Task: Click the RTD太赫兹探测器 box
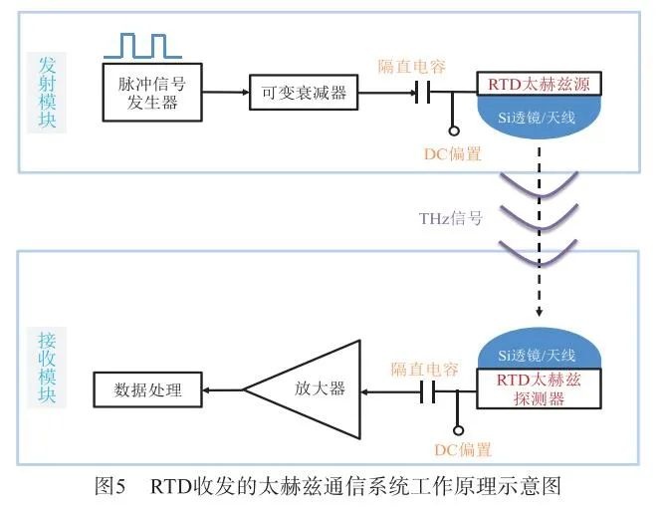click(x=538, y=388)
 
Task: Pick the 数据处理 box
click(x=148, y=389)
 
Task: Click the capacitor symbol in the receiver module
click(x=428, y=391)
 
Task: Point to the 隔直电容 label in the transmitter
click(x=411, y=66)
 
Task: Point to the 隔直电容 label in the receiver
click(x=424, y=369)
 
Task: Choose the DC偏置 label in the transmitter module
click(x=453, y=153)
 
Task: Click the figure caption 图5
click(x=109, y=487)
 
